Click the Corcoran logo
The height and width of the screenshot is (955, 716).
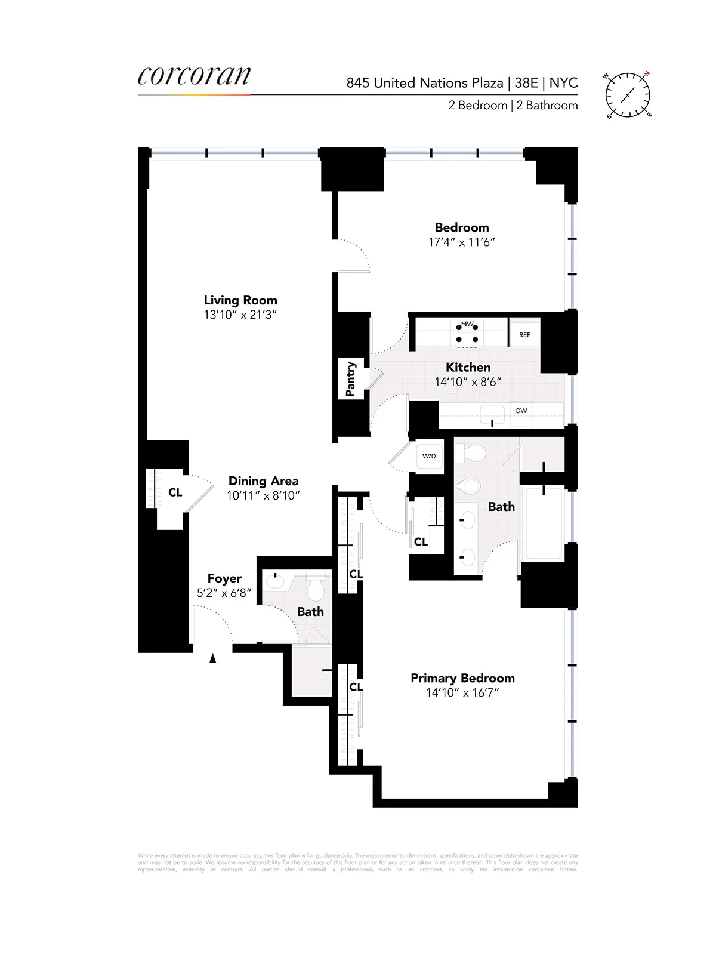194,77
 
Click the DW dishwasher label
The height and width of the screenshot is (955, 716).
521,411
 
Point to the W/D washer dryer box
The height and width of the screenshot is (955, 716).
429,457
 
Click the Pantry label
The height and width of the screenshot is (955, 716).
351,379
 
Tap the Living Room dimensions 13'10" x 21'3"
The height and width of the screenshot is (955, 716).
240,315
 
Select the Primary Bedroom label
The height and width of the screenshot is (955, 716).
462,678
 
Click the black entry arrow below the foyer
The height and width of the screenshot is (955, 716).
212,658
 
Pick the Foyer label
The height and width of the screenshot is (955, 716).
224,578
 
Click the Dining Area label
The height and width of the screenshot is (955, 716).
263,481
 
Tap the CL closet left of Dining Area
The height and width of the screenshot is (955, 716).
175,492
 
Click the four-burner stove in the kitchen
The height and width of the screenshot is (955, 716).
467,333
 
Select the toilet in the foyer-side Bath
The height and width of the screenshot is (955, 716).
315,589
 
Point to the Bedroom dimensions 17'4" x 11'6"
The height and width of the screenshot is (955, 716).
461,242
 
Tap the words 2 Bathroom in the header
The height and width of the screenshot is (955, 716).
547,106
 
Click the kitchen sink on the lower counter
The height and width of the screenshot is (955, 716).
492,414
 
